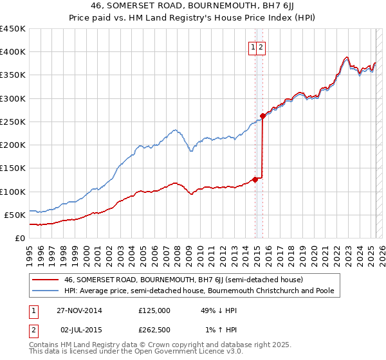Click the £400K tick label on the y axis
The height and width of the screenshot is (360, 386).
click(13, 52)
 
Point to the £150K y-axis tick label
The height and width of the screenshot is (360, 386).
click(13, 168)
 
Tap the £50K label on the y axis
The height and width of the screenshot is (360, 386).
click(15, 215)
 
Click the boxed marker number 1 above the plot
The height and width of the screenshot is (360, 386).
click(253, 47)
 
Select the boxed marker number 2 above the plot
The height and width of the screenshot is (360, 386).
click(262, 47)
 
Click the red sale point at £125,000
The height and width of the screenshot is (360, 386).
click(255, 179)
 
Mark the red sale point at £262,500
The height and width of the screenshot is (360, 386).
click(262, 116)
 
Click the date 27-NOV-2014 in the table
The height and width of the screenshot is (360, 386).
click(80, 310)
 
